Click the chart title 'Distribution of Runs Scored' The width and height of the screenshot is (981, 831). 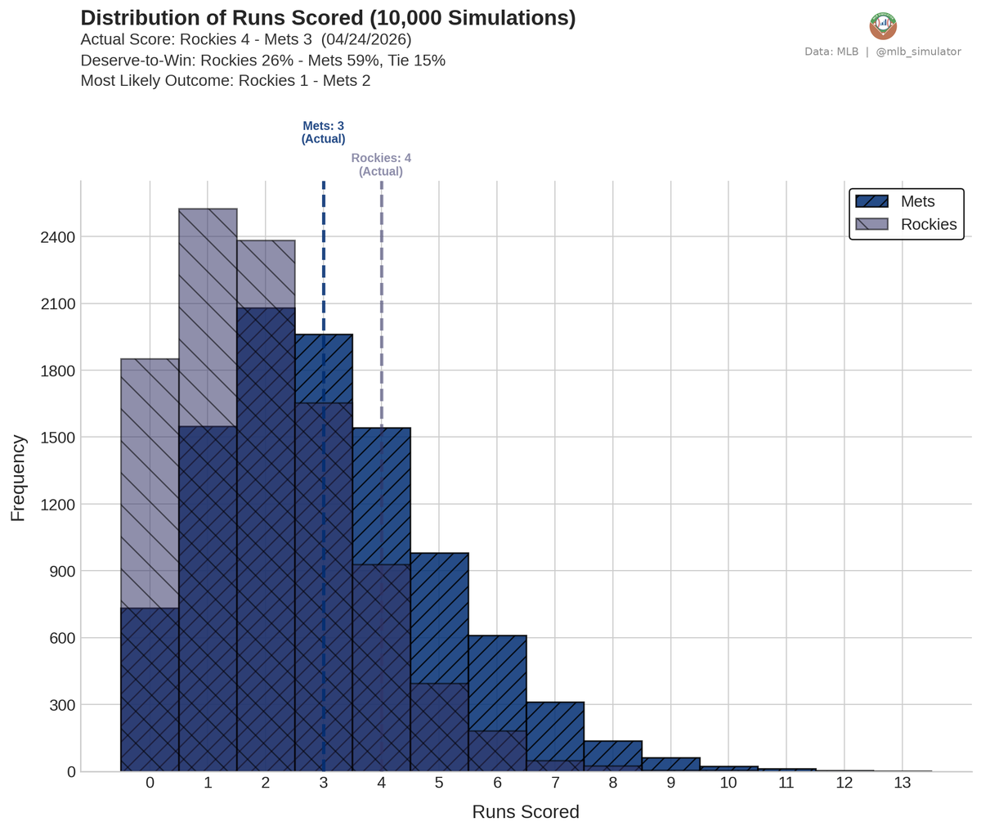pos(328,18)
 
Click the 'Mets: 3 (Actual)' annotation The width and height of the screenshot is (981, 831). pos(323,133)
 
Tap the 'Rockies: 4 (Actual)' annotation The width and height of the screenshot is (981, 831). pos(381,164)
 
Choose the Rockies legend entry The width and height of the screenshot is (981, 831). pos(905,224)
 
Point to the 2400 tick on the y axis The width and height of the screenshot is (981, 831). pos(58,237)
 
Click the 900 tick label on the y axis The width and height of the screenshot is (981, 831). pos(61,571)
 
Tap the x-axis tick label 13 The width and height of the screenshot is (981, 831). pos(902,783)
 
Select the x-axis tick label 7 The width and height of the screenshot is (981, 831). pos(555,783)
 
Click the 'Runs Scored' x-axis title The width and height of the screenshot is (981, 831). pos(526,812)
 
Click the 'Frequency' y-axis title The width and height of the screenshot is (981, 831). pos(18,478)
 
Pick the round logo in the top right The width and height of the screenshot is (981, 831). pos(883,26)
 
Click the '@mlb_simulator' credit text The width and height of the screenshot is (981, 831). pos(918,52)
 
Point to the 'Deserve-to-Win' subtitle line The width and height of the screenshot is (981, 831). pos(262,61)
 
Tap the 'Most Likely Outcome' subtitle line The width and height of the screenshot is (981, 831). pos(225,81)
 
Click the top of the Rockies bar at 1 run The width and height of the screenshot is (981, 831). pos(208,210)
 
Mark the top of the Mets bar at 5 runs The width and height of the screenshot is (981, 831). pos(439,555)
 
